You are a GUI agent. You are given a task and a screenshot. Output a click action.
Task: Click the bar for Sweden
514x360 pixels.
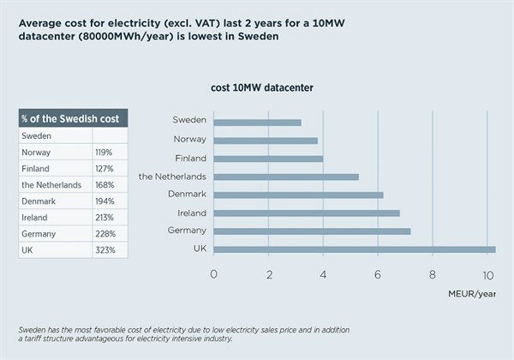tap(257, 123)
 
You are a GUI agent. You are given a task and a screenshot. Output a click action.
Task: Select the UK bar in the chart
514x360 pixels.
tap(354, 249)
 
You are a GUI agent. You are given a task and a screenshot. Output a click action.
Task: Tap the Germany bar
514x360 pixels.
tap(312, 231)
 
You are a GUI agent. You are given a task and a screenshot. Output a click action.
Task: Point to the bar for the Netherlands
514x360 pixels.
tap(285, 177)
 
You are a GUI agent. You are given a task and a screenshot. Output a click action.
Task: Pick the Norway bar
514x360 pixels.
tap(265, 141)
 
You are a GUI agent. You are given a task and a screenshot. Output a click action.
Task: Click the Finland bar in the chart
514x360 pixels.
tap(267, 159)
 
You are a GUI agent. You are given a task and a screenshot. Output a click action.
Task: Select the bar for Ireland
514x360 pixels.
tap(306, 213)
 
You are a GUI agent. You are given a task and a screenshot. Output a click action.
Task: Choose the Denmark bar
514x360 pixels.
tap(298, 195)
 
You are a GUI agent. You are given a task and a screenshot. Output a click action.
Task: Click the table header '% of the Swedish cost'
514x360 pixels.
tap(73, 117)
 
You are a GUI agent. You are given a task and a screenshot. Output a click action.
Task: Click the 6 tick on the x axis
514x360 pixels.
tap(378, 274)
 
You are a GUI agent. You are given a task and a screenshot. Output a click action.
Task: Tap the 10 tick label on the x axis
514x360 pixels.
tap(487, 274)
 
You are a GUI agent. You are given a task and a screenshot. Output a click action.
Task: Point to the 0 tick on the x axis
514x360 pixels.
tap(213, 274)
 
